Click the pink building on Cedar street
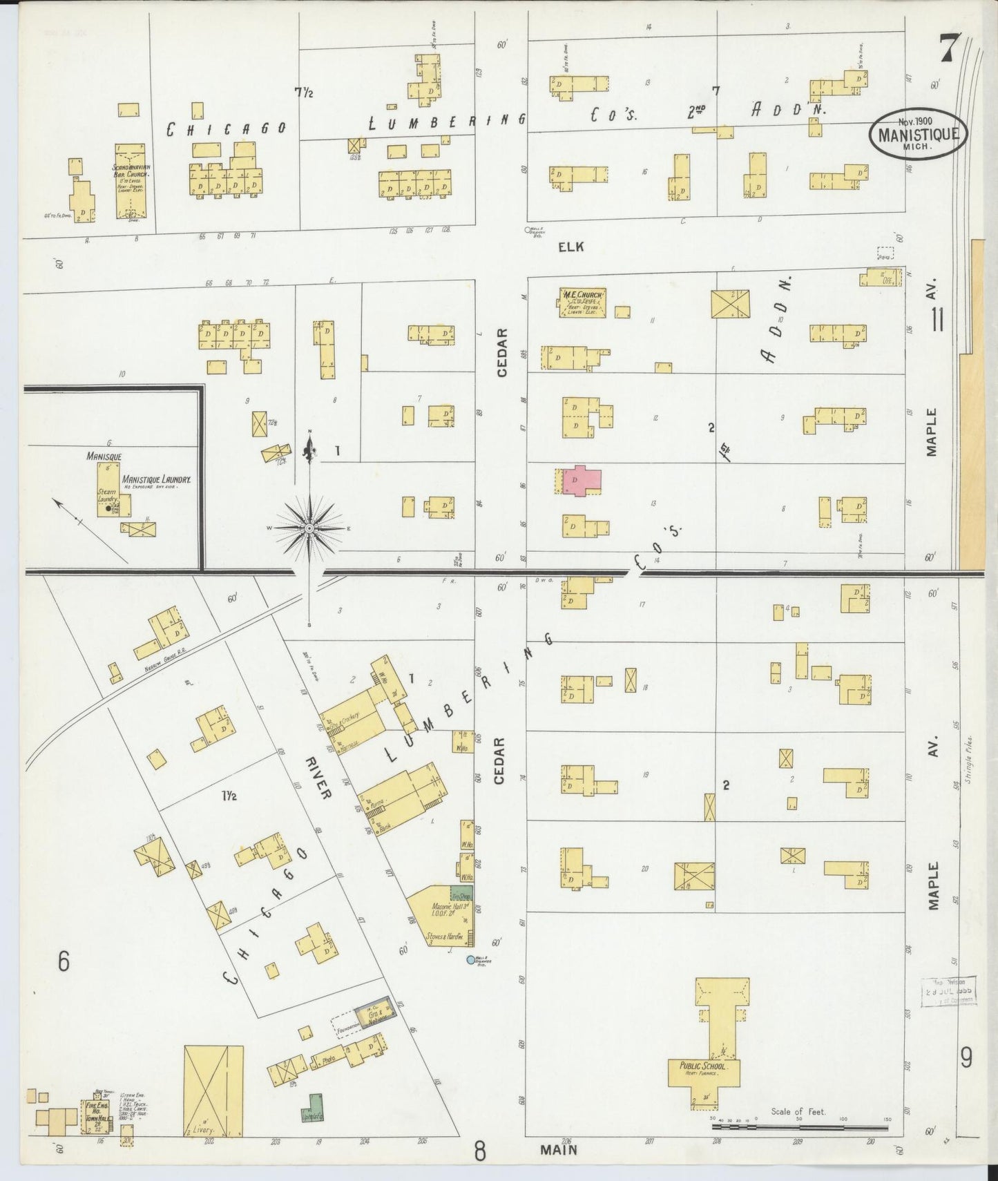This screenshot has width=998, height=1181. coord(582,481)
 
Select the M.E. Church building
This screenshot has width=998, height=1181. coord(583,303)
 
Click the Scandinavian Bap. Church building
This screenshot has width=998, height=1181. coord(130,182)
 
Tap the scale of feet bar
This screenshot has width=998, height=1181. coord(799,1126)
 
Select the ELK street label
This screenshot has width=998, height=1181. coord(571,247)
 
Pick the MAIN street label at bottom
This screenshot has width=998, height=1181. coord(559,1150)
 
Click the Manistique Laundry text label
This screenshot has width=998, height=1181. coord(156,479)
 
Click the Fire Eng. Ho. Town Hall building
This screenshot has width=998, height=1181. coord(95,1116)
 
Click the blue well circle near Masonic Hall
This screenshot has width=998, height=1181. coord(471,959)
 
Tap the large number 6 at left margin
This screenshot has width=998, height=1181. coord(64,961)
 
